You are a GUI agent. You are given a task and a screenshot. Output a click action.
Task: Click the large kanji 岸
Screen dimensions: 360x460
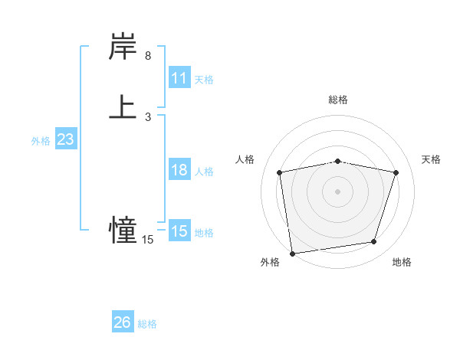(123, 47)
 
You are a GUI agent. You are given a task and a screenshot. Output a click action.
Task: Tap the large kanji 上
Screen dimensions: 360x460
(123, 107)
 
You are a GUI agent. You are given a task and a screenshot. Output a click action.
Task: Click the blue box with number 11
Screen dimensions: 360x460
(179, 78)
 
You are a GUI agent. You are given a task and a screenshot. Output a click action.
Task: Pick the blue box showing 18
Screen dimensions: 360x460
(179, 170)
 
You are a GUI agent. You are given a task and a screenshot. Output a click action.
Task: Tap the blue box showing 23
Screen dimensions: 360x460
(65, 139)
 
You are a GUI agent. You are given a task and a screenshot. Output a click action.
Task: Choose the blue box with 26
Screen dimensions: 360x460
(123, 322)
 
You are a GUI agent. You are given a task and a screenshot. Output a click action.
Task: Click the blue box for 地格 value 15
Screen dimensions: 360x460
(179, 231)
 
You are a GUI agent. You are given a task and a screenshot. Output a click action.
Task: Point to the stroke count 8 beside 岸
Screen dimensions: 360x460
(148, 56)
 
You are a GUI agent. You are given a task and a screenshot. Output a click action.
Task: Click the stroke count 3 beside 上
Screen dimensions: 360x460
(148, 116)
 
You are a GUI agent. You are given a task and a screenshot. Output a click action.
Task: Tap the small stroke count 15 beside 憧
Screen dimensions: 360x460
(147, 240)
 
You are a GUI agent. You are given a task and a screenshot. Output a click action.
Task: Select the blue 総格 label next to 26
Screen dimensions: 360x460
(147, 324)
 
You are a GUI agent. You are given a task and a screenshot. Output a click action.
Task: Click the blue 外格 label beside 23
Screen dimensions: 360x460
(41, 141)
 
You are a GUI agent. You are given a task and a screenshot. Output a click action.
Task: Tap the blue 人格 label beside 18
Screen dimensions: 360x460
(204, 172)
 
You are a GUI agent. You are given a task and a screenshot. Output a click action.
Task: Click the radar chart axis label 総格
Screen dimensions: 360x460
(338, 100)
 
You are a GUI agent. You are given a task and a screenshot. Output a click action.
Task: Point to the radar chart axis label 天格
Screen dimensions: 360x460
(431, 159)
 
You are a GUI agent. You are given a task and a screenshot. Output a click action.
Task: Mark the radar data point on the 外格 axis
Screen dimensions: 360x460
(292, 252)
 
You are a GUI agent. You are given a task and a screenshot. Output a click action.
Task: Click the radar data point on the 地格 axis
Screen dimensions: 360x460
(374, 242)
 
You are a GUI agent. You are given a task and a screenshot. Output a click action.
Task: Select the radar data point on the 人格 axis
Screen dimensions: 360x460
(280, 172)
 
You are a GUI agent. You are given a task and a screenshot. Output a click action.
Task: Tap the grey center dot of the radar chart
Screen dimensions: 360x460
(338, 191)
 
